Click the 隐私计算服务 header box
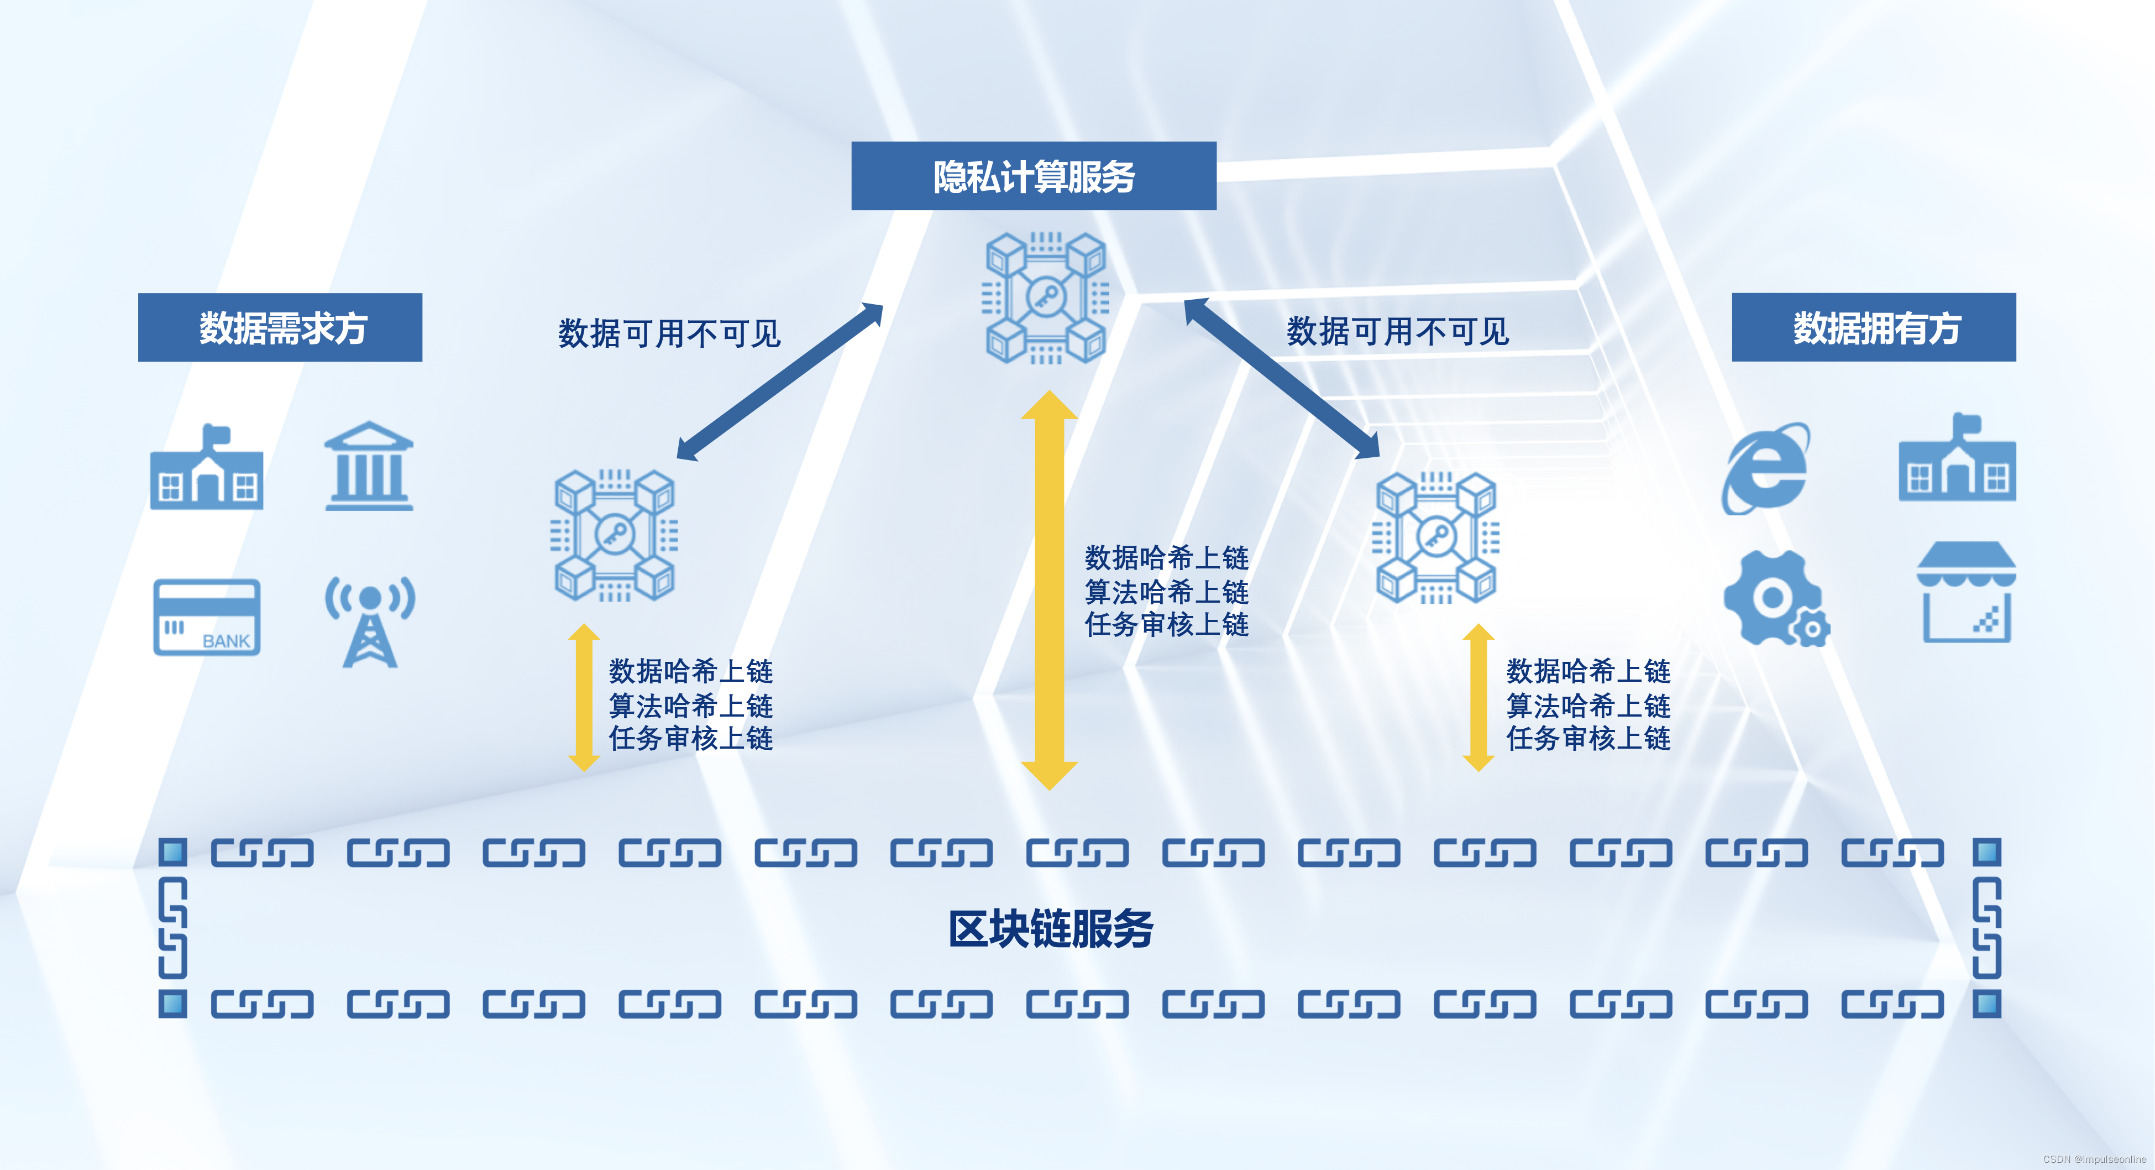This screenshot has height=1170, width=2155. (1033, 176)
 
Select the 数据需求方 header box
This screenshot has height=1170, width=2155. (280, 327)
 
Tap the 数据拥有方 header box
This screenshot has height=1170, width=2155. (1873, 327)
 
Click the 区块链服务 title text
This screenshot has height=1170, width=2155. (1050, 928)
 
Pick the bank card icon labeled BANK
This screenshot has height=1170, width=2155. (207, 617)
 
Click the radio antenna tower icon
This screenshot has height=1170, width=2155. (370, 621)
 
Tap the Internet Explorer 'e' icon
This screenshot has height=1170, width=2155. (1765, 468)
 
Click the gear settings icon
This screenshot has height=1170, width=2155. (1774, 598)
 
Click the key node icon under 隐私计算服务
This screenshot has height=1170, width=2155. (1046, 297)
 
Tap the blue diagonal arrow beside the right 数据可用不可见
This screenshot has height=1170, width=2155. (1282, 378)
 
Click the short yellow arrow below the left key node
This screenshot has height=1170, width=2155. (583, 697)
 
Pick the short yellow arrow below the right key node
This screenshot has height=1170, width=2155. (1478, 697)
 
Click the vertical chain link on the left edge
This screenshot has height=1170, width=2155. (172, 927)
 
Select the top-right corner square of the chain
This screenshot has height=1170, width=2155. (1987, 852)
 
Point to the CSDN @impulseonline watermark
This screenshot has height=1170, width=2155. (2094, 1159)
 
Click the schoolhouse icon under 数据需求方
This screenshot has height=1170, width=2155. (207, 469)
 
